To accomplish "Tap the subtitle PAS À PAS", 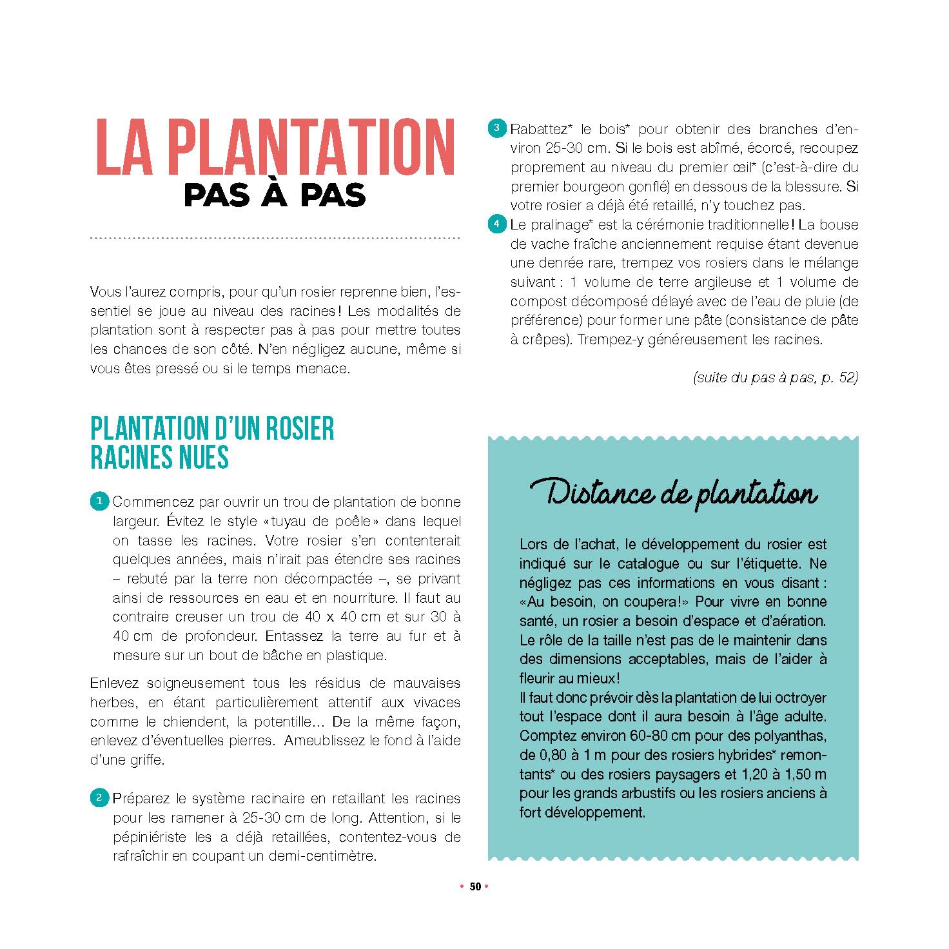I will [x=275, y=195].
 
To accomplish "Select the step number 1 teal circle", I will [x=99, y=501].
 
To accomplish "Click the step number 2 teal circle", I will [x=99, y=797].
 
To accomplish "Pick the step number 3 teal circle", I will [x=496, y=128].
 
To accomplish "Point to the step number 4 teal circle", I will [x=496, y=224].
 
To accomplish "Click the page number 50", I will [x=475, y=886].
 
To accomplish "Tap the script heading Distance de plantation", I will [x=674, y=494].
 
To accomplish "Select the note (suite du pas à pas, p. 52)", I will [x=775, y=378].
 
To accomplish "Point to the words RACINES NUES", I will [x=159, y=458].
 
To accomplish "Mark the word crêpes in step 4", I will [x=546, y=340].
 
